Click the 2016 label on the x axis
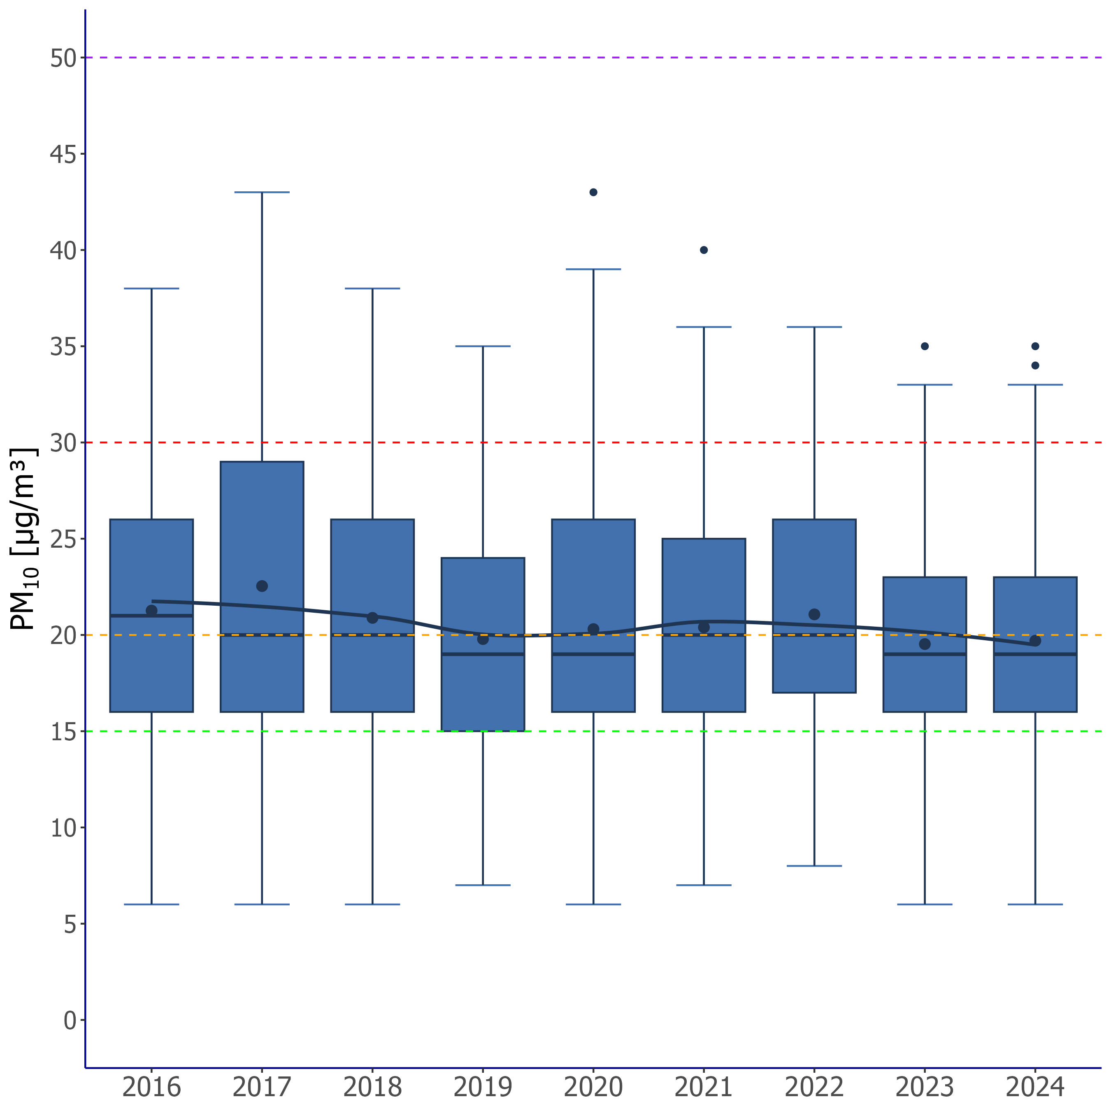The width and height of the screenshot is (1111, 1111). (151, 1087)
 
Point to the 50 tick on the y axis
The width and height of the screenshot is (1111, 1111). (63, 58)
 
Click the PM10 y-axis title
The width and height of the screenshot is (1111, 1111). (25, 539)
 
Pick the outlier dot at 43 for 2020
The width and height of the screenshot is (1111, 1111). (593, 192)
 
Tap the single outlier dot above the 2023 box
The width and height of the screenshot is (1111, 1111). (925, 346)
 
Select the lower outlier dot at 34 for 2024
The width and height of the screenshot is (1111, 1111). (1035, 365)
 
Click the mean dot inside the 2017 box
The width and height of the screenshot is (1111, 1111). (262, 586)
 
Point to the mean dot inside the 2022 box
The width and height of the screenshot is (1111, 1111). (814, 614)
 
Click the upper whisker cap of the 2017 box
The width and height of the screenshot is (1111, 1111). (262, 192)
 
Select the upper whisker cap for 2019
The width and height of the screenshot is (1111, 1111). (483, 346)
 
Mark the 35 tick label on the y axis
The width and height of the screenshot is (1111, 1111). (63, 347)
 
